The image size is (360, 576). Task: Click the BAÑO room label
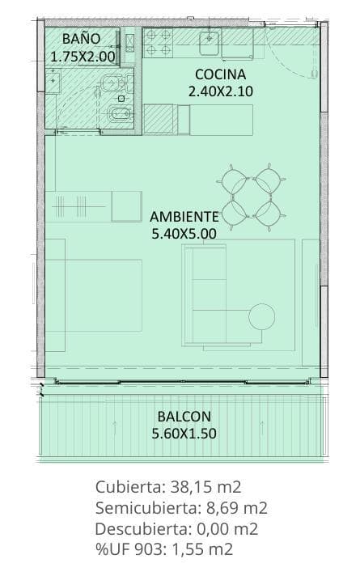(81, 38)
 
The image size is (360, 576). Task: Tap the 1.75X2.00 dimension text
(83, 57)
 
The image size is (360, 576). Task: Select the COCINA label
(220, 74)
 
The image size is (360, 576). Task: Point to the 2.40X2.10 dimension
(220, 91)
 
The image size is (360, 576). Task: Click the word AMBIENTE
(184, 217)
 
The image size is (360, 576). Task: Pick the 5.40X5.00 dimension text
(184, 234)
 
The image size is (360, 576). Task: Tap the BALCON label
(184, 417)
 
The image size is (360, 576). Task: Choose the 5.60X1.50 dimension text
(184, 434)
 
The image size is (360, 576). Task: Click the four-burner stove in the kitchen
(158, 43)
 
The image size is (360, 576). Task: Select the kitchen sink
(210, 44)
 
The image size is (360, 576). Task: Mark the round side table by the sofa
(261, 316)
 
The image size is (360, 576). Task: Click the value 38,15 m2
(205, 487)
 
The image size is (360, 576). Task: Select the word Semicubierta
(146, 508)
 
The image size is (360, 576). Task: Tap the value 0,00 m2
(228, 529)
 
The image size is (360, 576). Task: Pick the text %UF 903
(129, 550)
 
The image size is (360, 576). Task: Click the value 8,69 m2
(236, 508)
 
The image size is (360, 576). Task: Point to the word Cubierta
(129, 487)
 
